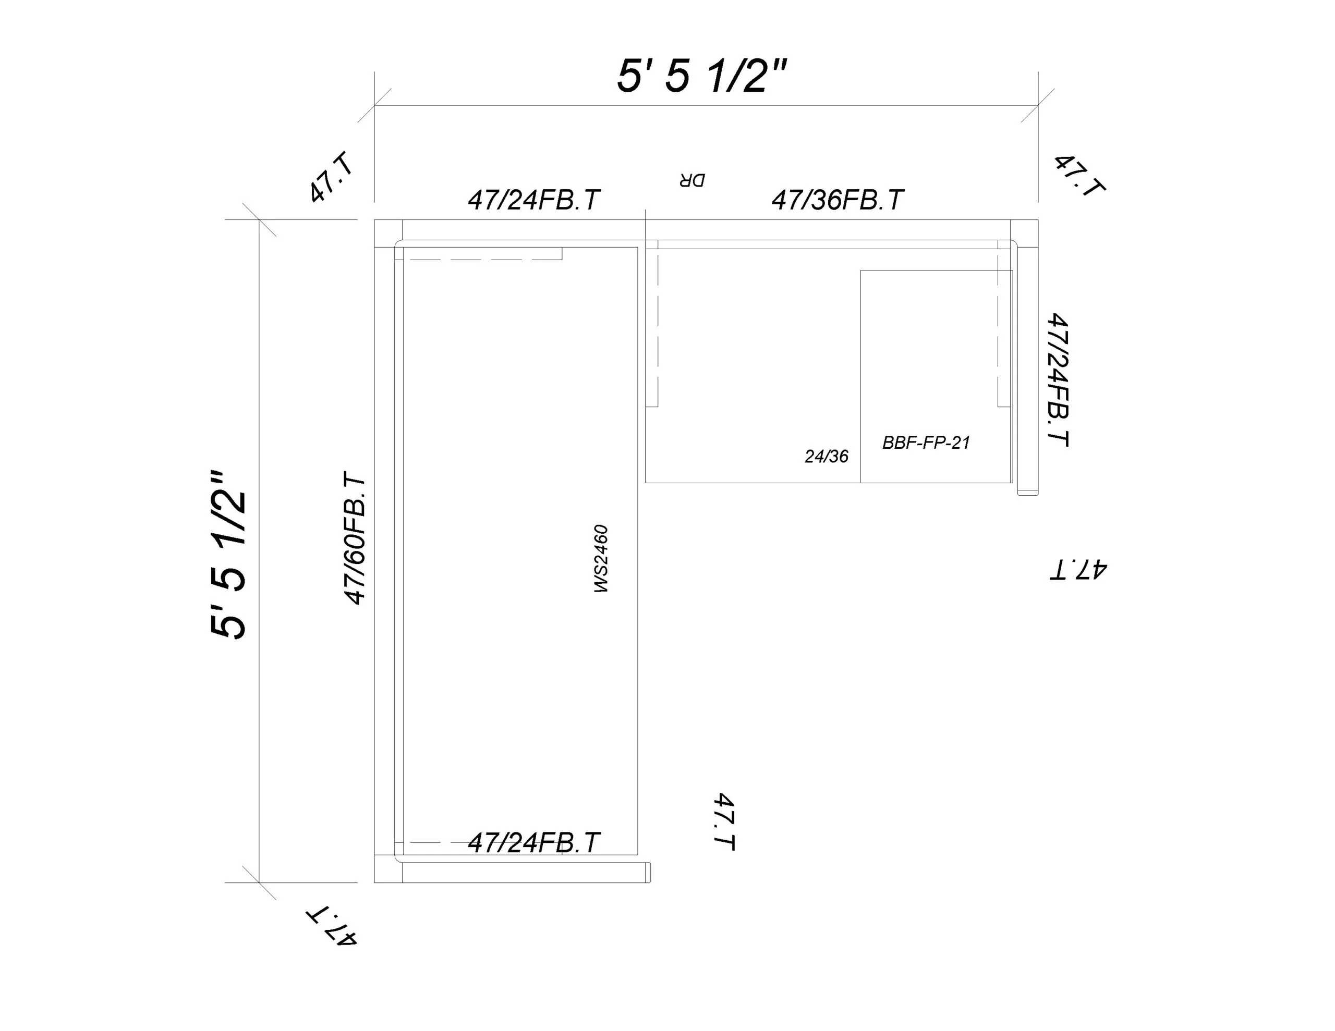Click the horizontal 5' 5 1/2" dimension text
702,77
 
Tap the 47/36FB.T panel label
838,200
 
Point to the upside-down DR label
691,180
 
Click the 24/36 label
827,456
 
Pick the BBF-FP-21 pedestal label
926,443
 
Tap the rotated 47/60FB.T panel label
355,538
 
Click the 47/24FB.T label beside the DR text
533,200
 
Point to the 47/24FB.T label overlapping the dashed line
533,843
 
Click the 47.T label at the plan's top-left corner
331,177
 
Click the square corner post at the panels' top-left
388,234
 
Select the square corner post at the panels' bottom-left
388,868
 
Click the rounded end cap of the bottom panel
648,873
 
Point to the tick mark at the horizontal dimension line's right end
1038,105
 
